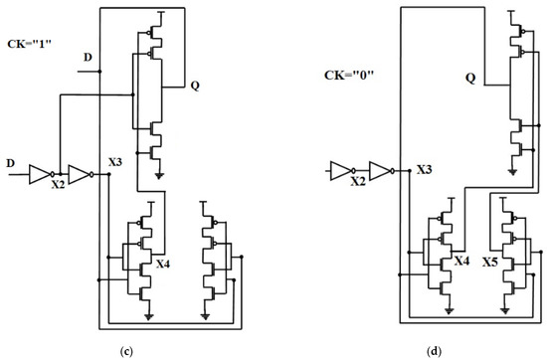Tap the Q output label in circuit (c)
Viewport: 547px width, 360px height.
pyautogui.click(x=195, y=86)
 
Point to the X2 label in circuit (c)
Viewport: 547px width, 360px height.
pyautogui.click(x=58, y=185)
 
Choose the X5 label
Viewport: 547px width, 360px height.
pyautogui.click(x=490, y=263)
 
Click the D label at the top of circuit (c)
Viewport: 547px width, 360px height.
pyautogui.click(x=89, y=60)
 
